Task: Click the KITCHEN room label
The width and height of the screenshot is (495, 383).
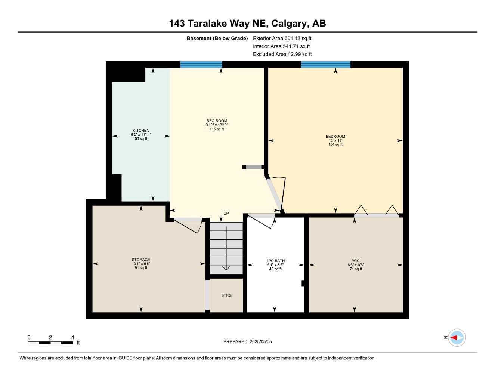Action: point(141,131)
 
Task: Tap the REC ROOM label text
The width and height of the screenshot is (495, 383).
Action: point(217,121)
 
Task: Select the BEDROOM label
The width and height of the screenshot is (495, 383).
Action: point(335,137)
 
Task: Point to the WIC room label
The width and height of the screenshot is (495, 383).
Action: point(356,261)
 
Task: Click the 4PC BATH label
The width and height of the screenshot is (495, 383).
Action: point(275,261)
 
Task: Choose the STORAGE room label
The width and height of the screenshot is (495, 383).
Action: point(141,260)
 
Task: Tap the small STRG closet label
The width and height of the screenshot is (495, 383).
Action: point(226,295)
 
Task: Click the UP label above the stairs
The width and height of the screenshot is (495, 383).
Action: point(226,214)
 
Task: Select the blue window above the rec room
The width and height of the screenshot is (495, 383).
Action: point(201,64)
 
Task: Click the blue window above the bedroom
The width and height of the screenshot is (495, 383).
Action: point(326,64)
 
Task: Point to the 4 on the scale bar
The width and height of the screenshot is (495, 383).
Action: point(72,337)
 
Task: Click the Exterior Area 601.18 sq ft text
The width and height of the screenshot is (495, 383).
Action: point(282,38)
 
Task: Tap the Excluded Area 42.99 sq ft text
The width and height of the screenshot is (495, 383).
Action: point(282,54)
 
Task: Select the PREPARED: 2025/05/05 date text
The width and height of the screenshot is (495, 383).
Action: point(247,341)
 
